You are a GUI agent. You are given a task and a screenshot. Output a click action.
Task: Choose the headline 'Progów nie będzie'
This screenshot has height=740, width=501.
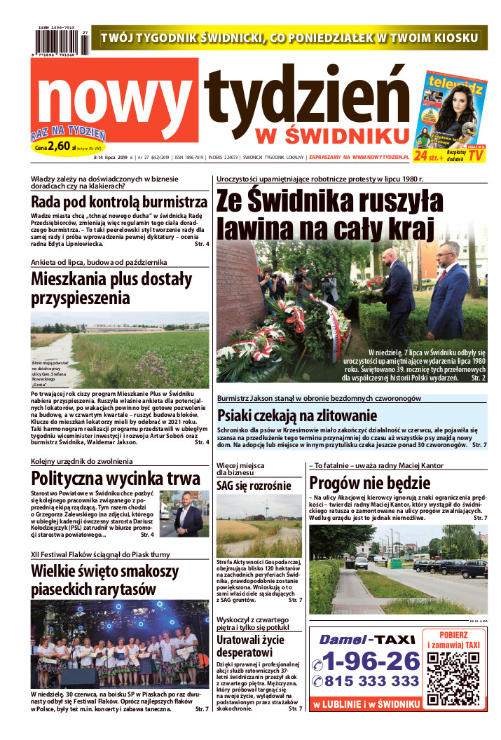[x=370, y=483]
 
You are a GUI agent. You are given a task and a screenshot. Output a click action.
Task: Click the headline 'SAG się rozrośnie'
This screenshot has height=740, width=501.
[x=254, y=486]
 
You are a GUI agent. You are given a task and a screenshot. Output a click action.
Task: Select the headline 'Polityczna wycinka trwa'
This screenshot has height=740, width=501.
[x=116, y=479]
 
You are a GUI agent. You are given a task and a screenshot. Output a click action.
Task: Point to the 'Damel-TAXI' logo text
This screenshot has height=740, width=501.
[x=367, y=639]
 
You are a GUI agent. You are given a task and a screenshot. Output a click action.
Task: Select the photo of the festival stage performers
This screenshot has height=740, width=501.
[x=119, y=643]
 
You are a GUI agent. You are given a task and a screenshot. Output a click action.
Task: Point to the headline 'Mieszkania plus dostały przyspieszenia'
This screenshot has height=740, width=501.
[x=111, y=289]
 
